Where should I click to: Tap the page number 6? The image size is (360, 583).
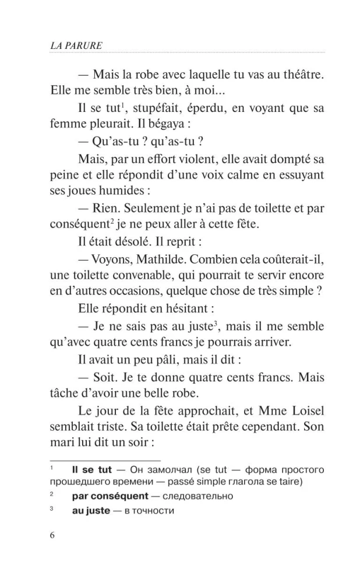coord(52,537)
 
